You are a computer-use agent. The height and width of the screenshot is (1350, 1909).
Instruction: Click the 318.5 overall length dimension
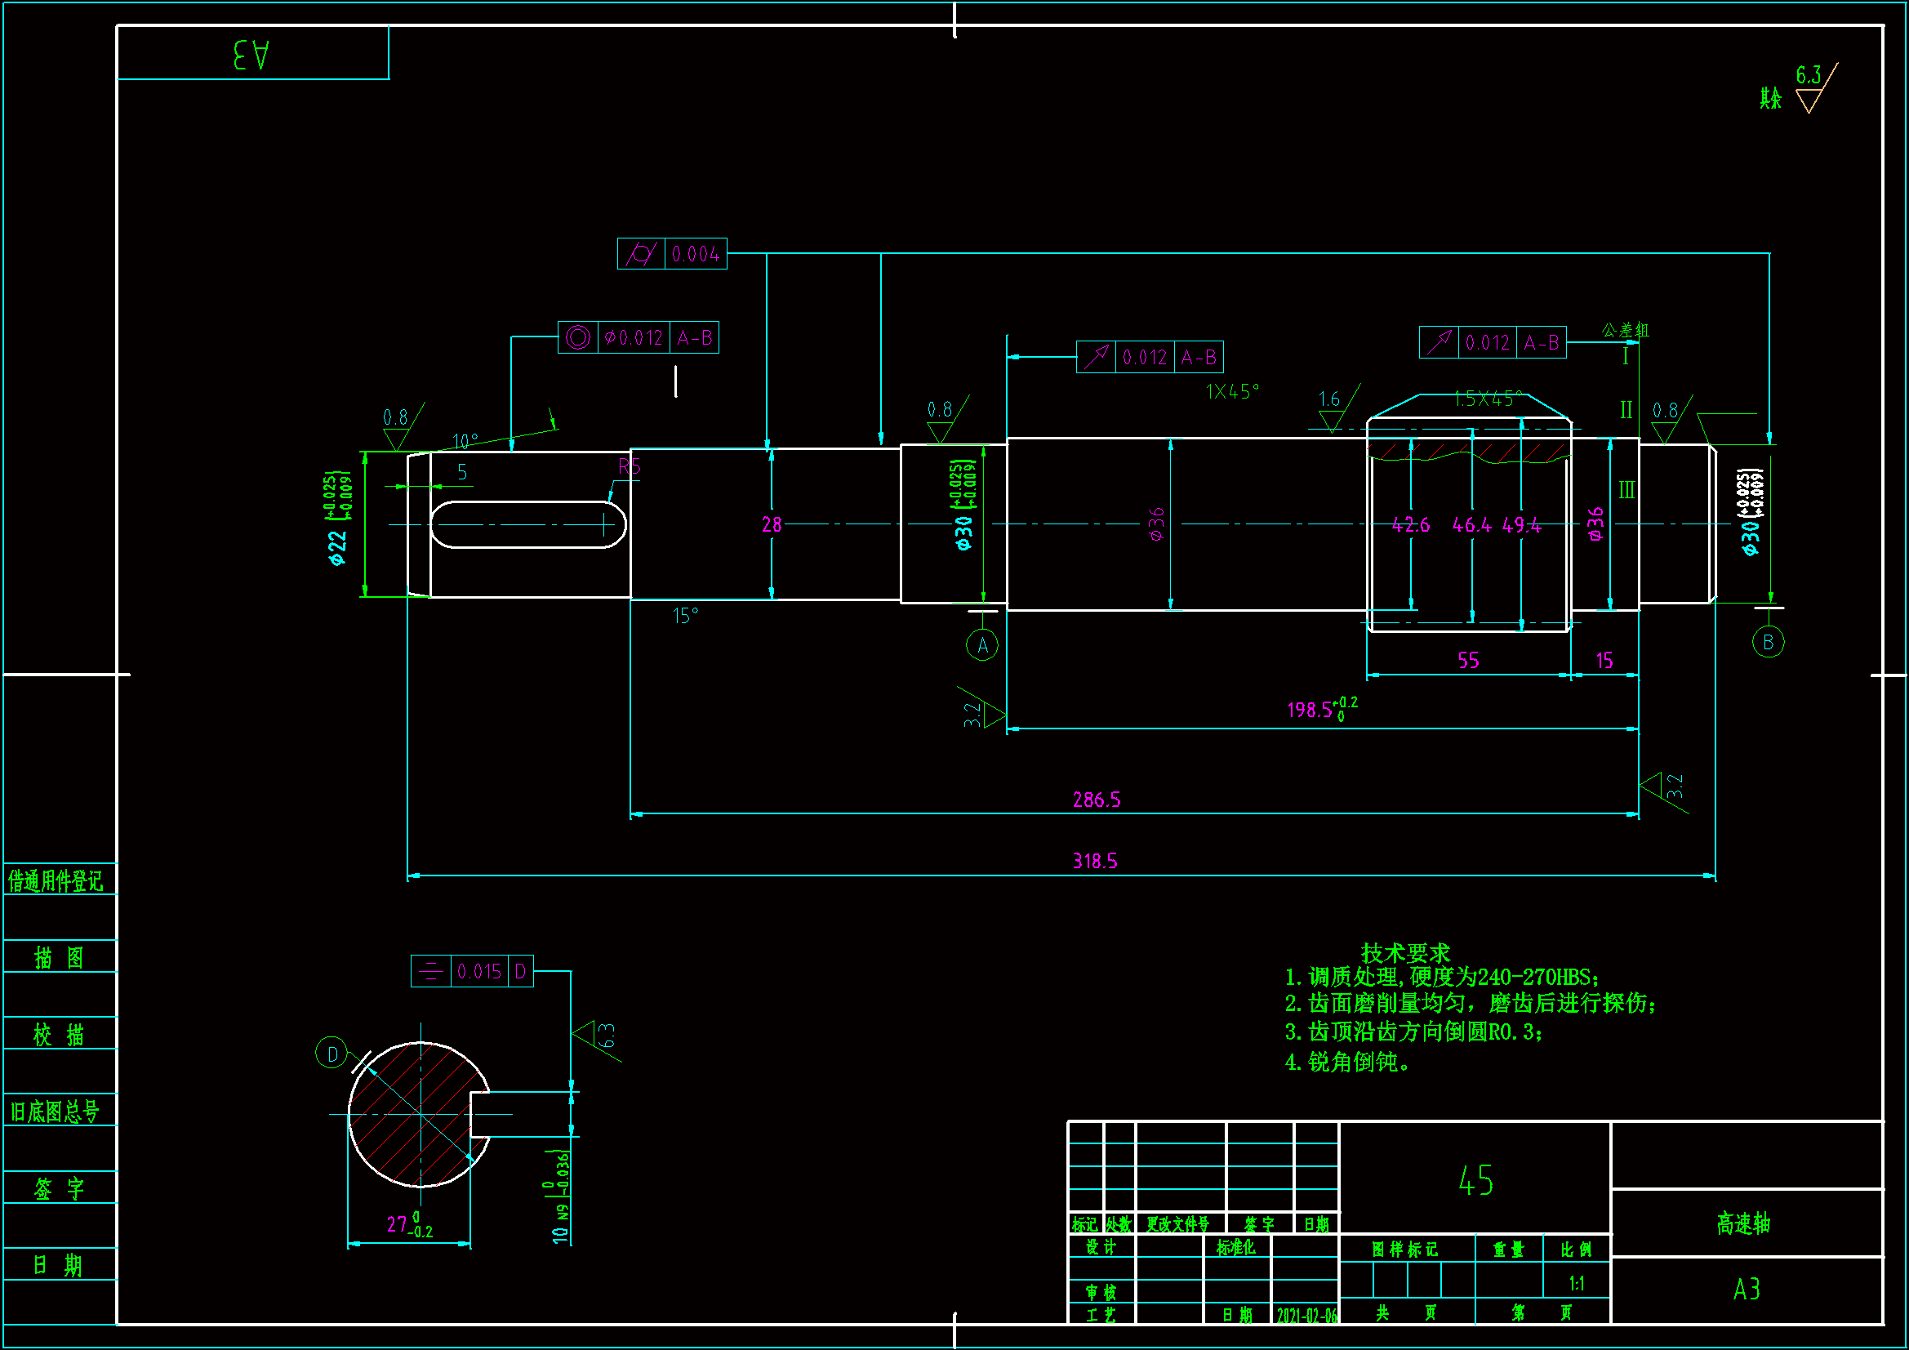tap(1094, 861)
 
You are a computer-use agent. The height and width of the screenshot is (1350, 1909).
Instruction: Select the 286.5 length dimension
tap(1096, 800)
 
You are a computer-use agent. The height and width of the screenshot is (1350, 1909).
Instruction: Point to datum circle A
tap(982, 644)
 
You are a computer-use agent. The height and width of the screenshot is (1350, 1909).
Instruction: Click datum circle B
tap(1768, 642)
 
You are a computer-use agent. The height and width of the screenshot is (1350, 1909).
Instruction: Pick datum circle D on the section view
tap(332, 1054)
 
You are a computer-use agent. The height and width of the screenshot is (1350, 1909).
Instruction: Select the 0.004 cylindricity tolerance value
tap(695, 255)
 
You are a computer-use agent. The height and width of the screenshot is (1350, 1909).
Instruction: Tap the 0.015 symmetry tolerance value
tap(479, 972)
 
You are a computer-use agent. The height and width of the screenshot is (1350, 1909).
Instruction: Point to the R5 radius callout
tap(630, 466)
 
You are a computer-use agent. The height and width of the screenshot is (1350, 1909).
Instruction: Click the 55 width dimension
tap(1468, 661)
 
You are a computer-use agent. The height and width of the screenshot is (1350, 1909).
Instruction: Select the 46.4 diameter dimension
tap(1471, 525)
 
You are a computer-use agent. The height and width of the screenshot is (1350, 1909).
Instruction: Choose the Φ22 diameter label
tap(336, 548)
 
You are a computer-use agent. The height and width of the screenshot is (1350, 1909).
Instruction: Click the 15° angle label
tap(685, 616)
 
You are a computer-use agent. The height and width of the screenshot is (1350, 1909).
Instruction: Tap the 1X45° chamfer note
tap(1232, 391)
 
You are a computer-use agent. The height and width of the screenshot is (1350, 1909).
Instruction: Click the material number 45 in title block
tap(1475, 1180)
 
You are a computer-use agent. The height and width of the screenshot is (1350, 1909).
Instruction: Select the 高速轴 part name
tap(1742, 1223)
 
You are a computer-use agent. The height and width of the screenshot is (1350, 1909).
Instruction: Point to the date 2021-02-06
tap(1306, 1315)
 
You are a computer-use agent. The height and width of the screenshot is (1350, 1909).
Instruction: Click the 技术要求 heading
tap(1405, 952)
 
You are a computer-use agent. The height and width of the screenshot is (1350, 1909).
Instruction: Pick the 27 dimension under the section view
tap(398, 1224)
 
